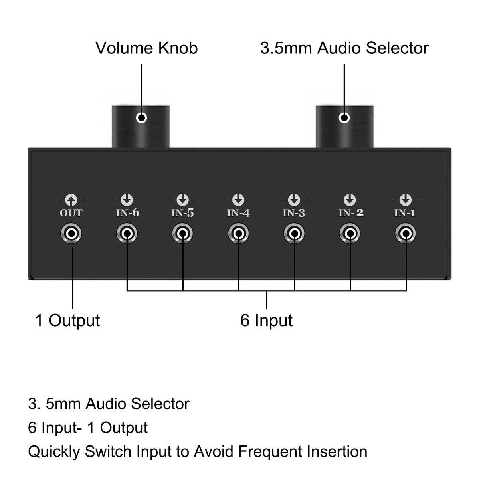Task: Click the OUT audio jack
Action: click(x=71, y=234)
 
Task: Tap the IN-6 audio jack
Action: click(x=127, y=234)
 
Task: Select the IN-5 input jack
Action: click(x=183, y=234)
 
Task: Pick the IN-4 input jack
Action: click(x=239, y=234)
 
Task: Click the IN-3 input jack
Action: click(x=295, y=234)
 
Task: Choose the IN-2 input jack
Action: click(x=350, y=234)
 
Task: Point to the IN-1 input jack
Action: click(x=406, y=234)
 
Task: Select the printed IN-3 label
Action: click(x=294, y=213)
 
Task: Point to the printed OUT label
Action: click(x=71, y=213)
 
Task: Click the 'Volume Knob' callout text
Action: click(x=146, y=48)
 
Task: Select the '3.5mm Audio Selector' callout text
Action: click(x=344, y=48)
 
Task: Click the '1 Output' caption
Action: click(x=67, y=321)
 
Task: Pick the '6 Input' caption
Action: click(x=266, y=321)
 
